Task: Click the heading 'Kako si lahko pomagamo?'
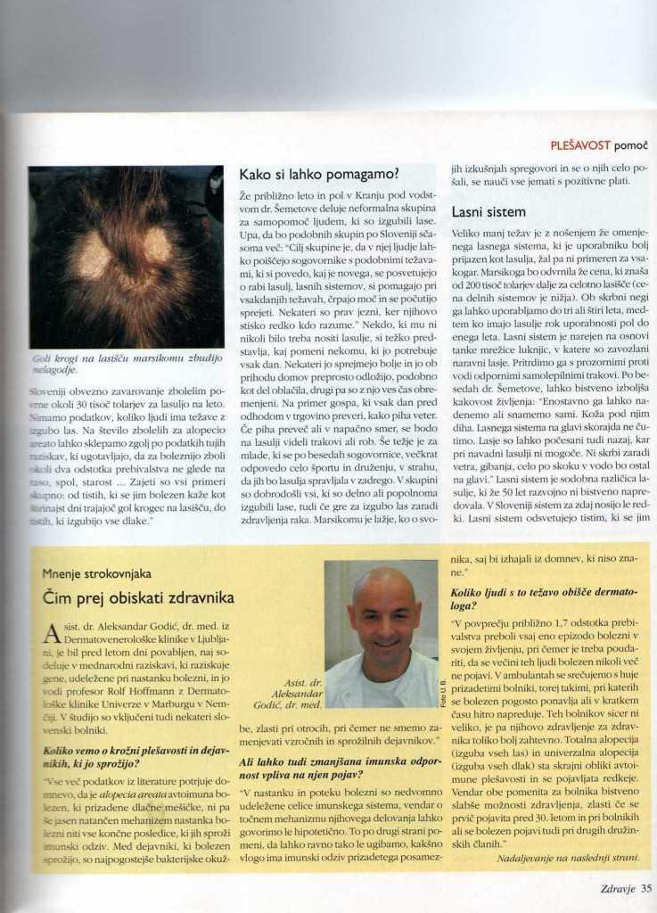click(318, 174)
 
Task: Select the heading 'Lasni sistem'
click(489, 213)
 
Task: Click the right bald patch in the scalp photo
click(158, 245)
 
